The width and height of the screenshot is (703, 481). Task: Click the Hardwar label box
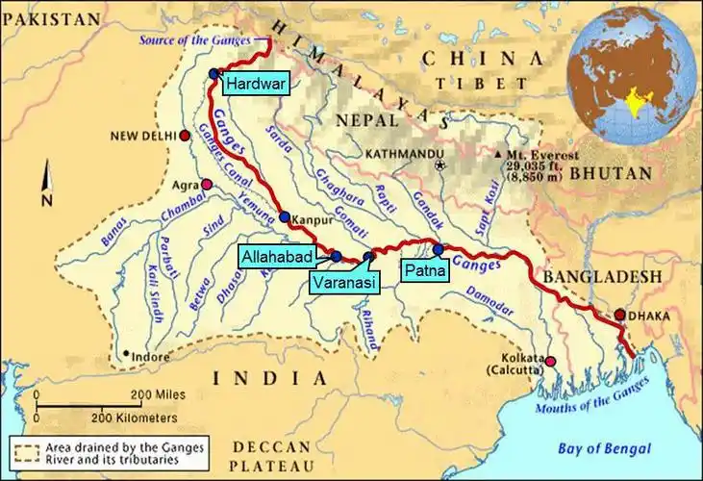pyautogui.click(x=254, y=84)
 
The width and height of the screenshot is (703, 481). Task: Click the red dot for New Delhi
pyautogui.click(x=184, y=136)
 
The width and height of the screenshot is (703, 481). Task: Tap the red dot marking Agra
pyautogui.click(x=205, y=184)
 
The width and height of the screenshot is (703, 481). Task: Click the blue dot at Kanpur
pyautogui.click(x=285, y=217)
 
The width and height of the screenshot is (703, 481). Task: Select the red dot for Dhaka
pyautogui.click(x=620, y=315)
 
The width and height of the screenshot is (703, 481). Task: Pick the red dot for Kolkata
pyautogui.click(x=551, y=362)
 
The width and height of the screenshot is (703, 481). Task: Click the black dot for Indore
pyautogui.click(x=125, y=354)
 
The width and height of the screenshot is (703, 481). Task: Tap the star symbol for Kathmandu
pyautogui.click(x=440, y=165)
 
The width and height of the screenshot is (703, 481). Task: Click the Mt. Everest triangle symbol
pyautogui.click(x=497, y=154)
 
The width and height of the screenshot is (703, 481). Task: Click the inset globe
pyautogui.click(x=631, y=74)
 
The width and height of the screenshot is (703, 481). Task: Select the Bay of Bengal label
pyautogui.click(x=604, y=448)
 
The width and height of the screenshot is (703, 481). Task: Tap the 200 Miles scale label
pyautogui.click(x=158, y=394)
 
